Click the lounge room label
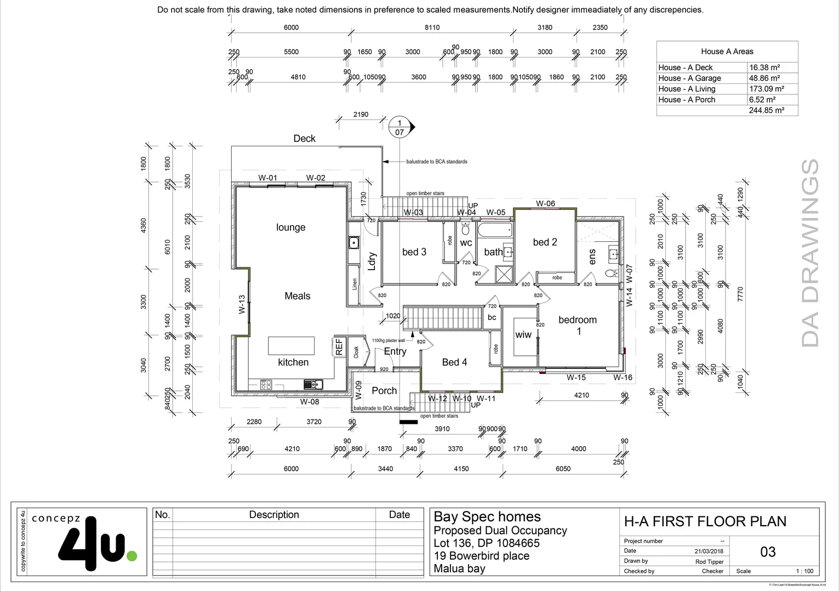click(290, 227)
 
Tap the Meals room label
click(297, 296)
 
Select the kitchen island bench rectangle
click(291, 346)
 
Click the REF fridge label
click(339, 347)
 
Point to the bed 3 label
click(414, 252)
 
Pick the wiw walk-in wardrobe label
click(523, 334)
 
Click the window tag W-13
click(242, 305)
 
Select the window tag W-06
click(545, 203)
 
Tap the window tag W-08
click(310, 402)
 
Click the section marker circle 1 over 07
click(399, 127)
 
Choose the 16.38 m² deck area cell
click(764, 67)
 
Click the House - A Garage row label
click(689, 78)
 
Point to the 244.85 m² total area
click(766, 110)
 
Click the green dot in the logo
click(132, 556)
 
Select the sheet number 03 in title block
click(768, 551)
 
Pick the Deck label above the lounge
click(304, 139)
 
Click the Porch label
click(384, 391)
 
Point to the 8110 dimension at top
click(432, 27)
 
